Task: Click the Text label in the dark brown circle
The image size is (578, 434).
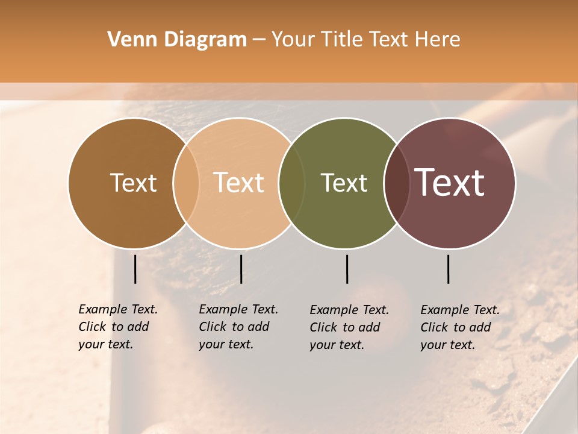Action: click(x=133, y=183)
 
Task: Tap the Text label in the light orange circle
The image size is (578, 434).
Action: click(x=239, y=183)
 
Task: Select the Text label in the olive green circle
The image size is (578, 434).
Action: click(x=344, y=183)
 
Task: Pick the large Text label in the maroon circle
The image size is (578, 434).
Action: click(x=450, y=183)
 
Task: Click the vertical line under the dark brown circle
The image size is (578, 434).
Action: click(x=135, y=269)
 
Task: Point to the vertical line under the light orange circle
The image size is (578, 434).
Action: click(x=241, y=269)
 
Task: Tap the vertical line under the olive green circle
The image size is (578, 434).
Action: click(x=347, y=269)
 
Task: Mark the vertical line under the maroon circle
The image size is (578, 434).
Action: click(x=449, y=269)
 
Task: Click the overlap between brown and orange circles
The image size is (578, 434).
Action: click(x=186, y=183)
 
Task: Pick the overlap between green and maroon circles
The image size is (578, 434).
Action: click(x=396, y=183)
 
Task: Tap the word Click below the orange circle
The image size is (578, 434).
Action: click(x=212, y=327)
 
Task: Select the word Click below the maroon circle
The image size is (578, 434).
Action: click(x=433, y=327)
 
